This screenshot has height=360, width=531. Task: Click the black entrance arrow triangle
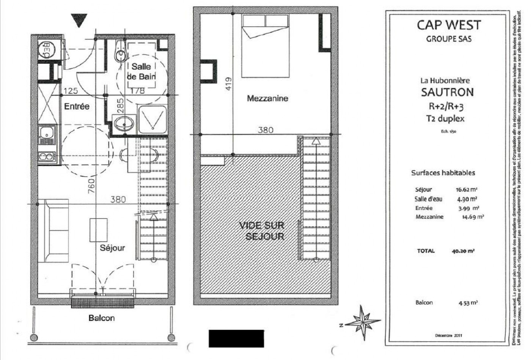tap(79, 20)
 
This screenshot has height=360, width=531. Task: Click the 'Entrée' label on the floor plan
tap(77, 106)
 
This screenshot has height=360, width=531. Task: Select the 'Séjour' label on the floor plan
tap(112, 248)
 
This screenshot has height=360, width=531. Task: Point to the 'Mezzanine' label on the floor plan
tap(267, 99)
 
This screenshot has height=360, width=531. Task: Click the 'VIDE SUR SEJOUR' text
tap(261, 231)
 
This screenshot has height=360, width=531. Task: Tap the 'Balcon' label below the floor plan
tap(101, 318)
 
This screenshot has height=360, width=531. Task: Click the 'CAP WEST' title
tap(449, 25)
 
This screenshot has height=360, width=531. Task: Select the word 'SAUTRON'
tap(448, 92)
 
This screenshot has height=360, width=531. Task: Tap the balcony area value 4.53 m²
tap(468, 303)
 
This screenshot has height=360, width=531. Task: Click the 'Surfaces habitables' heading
tap(443, 173)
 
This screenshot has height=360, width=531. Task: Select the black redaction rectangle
tap(236, 338)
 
